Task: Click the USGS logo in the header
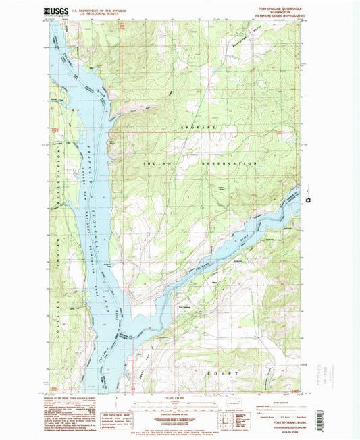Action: coord(55,11)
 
